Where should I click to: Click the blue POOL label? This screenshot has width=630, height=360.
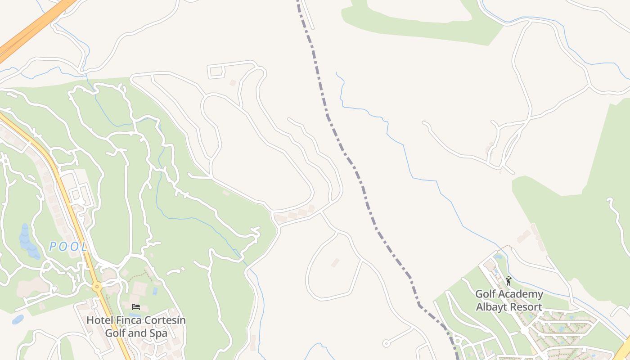(68, 247)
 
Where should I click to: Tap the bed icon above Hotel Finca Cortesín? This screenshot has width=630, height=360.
(136, 307)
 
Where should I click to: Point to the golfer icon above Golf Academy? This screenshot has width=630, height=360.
(508, 281)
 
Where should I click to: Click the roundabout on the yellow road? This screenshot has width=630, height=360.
(97, 286)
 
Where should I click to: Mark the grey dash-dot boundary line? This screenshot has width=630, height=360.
(360, 180)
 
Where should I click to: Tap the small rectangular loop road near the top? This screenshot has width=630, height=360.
(216, 71)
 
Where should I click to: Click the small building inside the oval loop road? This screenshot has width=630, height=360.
(335, 262)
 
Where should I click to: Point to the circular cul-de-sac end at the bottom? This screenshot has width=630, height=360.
(386, 343)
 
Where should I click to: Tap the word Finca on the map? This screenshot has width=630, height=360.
(127, 320)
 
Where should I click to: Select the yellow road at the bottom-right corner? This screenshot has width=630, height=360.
(623, 351)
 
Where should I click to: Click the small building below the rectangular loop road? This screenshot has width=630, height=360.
(233, 83)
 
